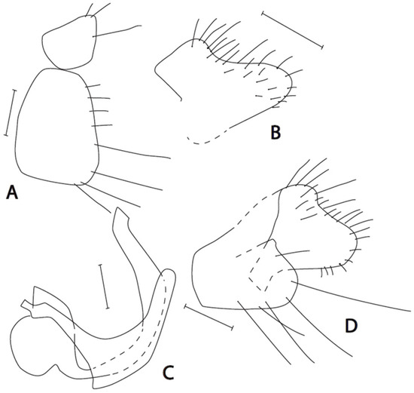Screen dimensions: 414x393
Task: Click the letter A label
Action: pos(12,192)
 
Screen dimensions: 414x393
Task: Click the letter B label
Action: pos(275,132)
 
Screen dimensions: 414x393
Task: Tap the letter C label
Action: pos(168,372)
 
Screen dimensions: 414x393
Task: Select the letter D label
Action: pos(352,326)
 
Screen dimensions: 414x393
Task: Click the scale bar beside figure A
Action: pos(11,113)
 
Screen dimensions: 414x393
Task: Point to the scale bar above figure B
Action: pos(292,29)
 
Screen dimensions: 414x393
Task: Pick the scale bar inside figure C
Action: pos(104,286)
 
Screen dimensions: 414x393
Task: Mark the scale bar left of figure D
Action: pos(209,317)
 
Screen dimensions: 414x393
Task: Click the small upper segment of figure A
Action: pos(69,42)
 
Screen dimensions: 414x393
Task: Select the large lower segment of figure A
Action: pos(56,127)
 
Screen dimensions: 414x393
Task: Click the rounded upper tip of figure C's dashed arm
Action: pos(168,275)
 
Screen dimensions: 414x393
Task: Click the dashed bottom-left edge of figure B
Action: pos(206,139)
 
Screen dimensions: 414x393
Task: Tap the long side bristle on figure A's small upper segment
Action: pos(117,31)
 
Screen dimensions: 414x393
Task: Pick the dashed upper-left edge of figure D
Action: pos(254,209)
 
